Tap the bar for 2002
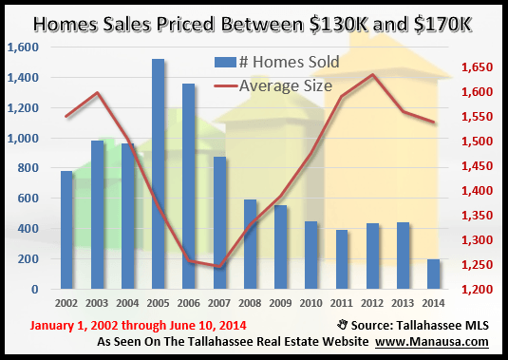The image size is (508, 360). [66, 230]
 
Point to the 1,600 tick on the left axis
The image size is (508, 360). [23, 47]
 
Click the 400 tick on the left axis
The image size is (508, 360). [28, 229]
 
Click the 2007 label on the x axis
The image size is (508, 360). [220, 304]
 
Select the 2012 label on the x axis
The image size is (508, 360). [373, 304]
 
